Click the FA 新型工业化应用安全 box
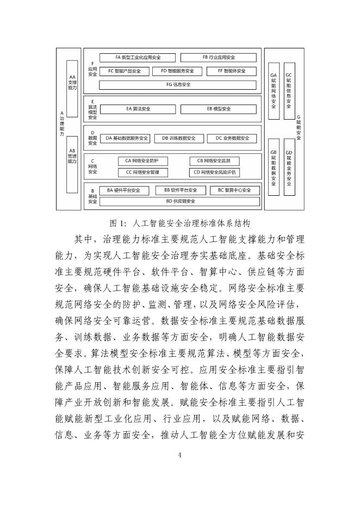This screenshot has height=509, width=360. (x=138, y=57)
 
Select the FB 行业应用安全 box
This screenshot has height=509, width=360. (x=218, y=57)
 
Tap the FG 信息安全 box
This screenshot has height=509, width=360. (x=178, y=85)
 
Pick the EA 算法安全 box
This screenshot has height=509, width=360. (x=138, y=109)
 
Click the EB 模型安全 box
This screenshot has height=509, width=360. (x=219, y=109)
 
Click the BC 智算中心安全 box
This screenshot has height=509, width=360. (x=234, y=190)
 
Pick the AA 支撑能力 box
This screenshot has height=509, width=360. (x=72, y=83)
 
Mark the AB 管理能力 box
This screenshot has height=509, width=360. (x=72, y=158)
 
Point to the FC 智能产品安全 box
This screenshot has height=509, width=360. (x=124, y=71)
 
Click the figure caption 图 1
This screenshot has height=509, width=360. (x=179, y=223)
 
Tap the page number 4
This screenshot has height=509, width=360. (x=179, y=455)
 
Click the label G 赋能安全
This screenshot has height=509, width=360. (x=299, y=128)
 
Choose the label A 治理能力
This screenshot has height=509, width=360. (x=61, y=124)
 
